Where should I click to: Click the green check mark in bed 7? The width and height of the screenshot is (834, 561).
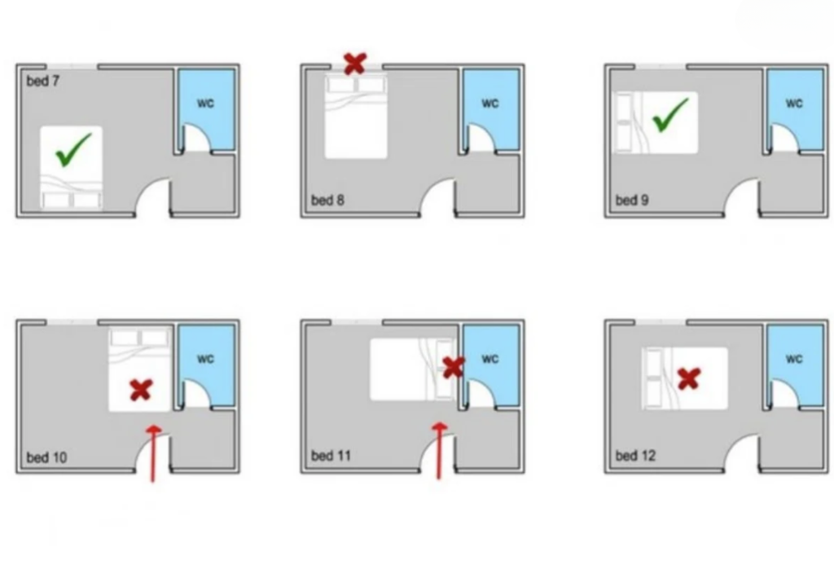click(72, 151)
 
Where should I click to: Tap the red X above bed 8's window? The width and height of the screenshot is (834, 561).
click(355, 64)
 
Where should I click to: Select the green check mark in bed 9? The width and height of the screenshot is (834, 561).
click(669, 116)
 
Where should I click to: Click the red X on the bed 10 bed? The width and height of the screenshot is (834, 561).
click(141, 390)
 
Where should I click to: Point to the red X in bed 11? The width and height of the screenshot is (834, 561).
click(454, 368)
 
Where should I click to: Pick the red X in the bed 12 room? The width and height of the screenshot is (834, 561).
click(689, 378)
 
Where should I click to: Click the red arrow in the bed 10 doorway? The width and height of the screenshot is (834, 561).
click(153, 453)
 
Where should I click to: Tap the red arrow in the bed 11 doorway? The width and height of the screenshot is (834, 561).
click(439, 451)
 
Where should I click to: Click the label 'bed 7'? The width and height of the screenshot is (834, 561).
click(43, 81)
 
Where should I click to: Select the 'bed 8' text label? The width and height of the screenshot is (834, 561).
click(327, 200)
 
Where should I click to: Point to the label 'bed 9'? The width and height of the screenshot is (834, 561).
click(632, 200)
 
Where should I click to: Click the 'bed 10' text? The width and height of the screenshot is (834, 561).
click(46, 457)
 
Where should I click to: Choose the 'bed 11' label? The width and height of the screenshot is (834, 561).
click(331, 456)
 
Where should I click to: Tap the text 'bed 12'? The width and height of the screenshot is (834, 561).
click(635, 456)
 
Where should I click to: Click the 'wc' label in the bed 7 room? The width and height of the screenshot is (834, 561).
click(205, 103)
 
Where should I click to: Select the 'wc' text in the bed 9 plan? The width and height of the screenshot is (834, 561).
click(794, 103)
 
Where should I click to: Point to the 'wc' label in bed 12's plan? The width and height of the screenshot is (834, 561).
click(794, 359)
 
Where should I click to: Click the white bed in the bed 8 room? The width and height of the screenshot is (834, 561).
click(356, 117)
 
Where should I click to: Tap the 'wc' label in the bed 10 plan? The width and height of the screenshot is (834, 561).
click(205, 359)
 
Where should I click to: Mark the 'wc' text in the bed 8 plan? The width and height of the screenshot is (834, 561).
click(489, 103)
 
